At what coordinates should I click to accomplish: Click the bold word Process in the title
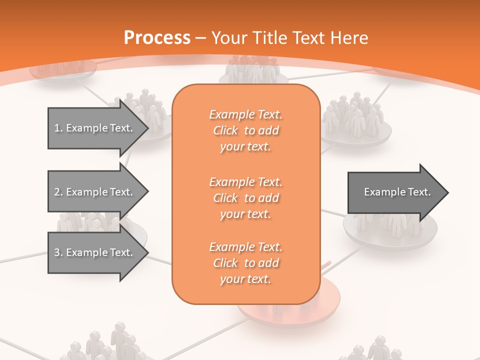(157, 38)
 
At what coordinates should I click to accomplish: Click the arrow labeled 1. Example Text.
(95, 128)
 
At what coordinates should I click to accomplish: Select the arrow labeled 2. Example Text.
(95, 192)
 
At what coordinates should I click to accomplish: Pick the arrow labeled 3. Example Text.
(95, 252)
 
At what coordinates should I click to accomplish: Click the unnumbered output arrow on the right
(395, 192)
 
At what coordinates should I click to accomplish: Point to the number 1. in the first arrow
(58, 128)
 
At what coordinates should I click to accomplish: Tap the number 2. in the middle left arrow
(58, 192)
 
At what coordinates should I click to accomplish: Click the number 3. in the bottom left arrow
(58, 252)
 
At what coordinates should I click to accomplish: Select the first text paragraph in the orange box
(245, 130)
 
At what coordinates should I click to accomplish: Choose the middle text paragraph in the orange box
(245, 197)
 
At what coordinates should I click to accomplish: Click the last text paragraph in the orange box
(245, 263)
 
